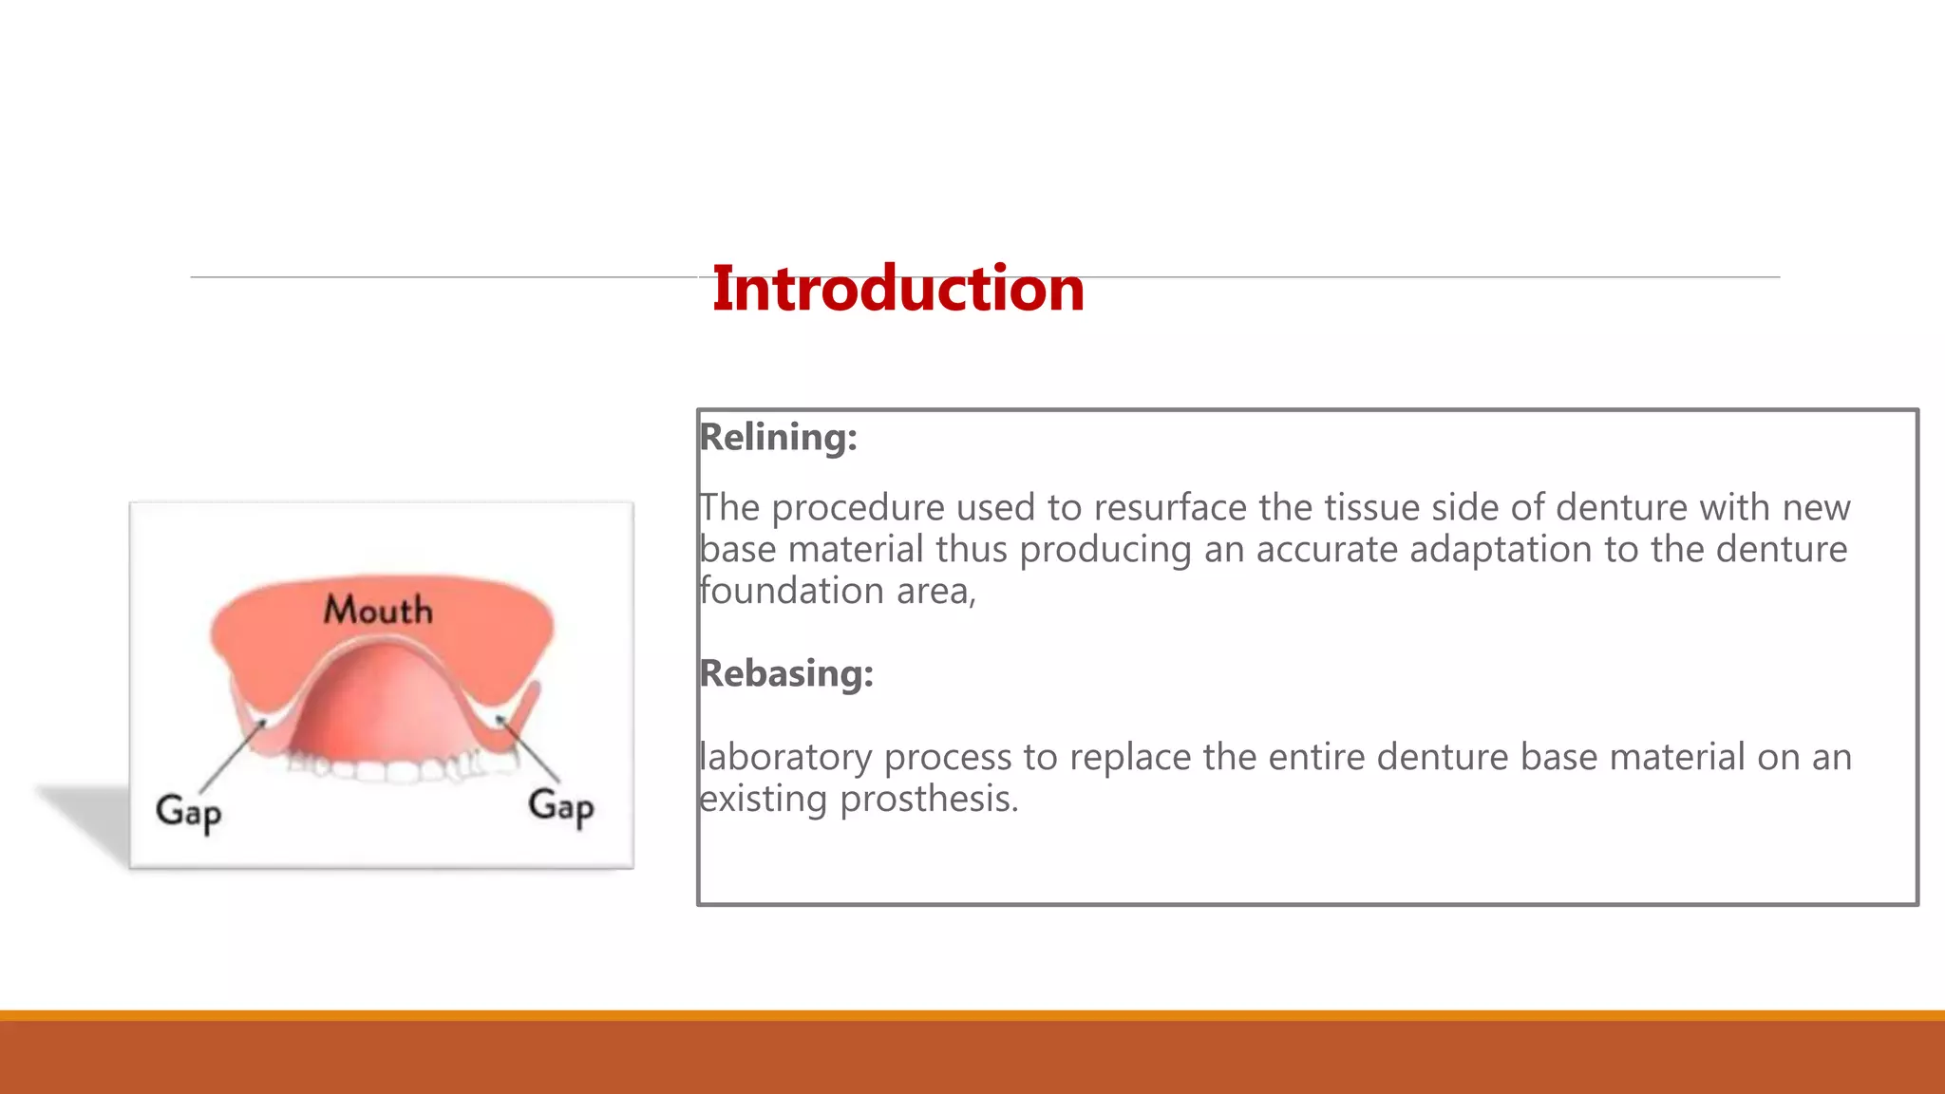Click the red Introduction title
[x=897, y=289]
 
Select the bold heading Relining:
[x=778, y=437]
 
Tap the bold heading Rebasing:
[x=785, y=673]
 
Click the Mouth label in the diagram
[x=378, y=610]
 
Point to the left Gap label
[x=189, y=812]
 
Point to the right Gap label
[x=561, y=806]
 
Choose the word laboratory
[x=784, y=757]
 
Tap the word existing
[x=764, y=799]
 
